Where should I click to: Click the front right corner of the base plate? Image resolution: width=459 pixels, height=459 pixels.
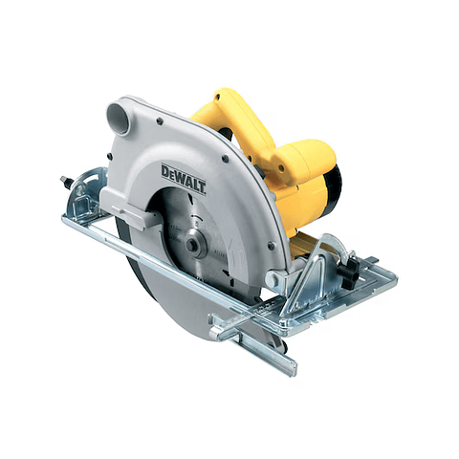[x=387, y=278]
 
